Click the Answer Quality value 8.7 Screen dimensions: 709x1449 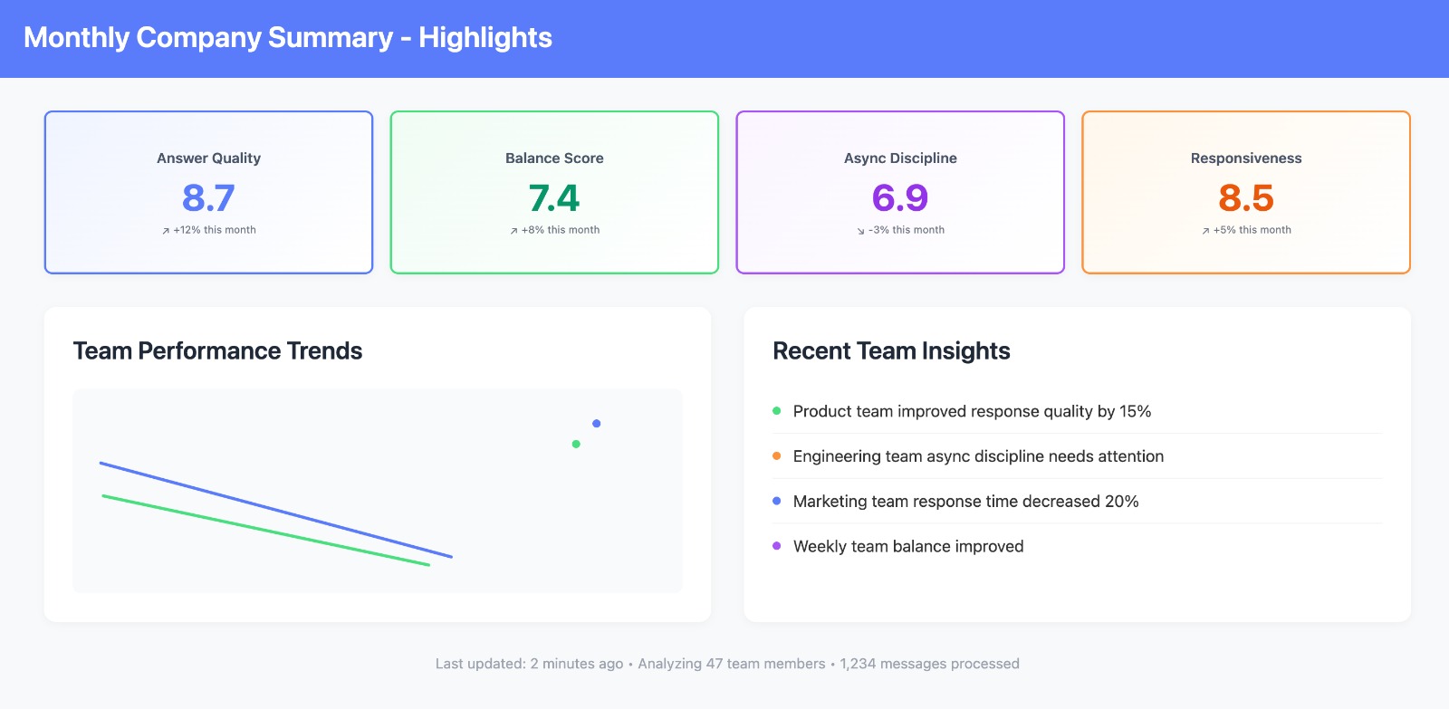click(x=208, y=197)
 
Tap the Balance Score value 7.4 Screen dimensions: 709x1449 click(x=554, y=197)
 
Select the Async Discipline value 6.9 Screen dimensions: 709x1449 click(x=900, y=197)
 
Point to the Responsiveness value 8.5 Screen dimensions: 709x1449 click(x=1246, y=197)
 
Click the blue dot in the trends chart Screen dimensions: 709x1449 click(x=597, y=424)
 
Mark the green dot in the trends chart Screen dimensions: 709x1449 click(x=576, y=444)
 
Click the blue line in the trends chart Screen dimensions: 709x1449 click(x=276, y=510)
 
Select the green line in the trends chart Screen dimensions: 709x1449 click(x=266, y=531)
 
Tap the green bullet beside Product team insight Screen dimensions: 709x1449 click(x=776, y=411)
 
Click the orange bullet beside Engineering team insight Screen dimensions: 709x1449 click(x=776, y=456)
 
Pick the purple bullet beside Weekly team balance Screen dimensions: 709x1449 click(x=776, y=546)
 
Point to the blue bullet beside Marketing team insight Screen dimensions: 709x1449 click(x=776, y=501)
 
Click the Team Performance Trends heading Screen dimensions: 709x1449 click(x=217, y=351)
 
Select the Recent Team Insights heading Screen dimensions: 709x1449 click(x=891, y=351)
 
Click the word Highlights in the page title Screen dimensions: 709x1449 click(x=485, y=38)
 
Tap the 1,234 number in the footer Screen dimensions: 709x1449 click(x=858, y=664)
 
